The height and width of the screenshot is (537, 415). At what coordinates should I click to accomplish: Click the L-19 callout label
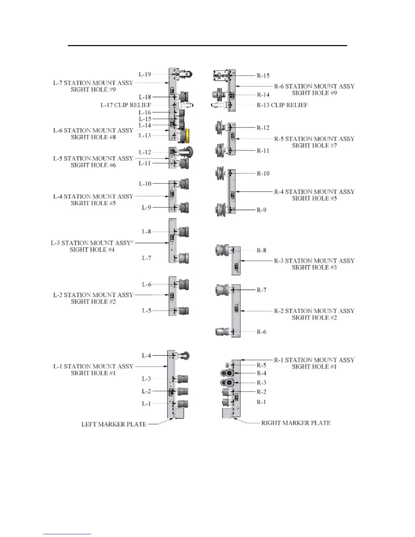click(145, 74)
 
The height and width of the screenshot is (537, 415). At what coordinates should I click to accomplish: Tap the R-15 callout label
click(263, 76)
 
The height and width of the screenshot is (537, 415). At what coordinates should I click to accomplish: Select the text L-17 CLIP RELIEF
click(126, 105)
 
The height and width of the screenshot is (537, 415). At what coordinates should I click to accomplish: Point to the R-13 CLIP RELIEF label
click(282, 105)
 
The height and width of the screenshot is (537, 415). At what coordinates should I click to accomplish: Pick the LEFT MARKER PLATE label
click(114, 424)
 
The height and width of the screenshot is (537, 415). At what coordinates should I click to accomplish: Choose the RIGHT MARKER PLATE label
click(296, 423)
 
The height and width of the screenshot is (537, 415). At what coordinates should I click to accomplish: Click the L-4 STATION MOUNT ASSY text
click(93, 197)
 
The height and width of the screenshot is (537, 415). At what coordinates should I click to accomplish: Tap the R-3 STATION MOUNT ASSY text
click(314, 261)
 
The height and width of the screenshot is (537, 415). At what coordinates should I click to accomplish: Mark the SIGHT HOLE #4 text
click(92, 250)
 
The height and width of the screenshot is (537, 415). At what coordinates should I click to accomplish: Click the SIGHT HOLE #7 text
click(314, 145)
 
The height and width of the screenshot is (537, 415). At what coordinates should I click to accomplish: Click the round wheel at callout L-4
click(185, 356)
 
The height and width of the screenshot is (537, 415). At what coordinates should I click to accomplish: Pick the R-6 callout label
click(261, 332)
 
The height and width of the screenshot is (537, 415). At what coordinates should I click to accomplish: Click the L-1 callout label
click(146, 404)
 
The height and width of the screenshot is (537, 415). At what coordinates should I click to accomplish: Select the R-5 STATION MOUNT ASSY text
click(314, 139)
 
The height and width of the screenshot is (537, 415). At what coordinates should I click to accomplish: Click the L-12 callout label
click(145, 152)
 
